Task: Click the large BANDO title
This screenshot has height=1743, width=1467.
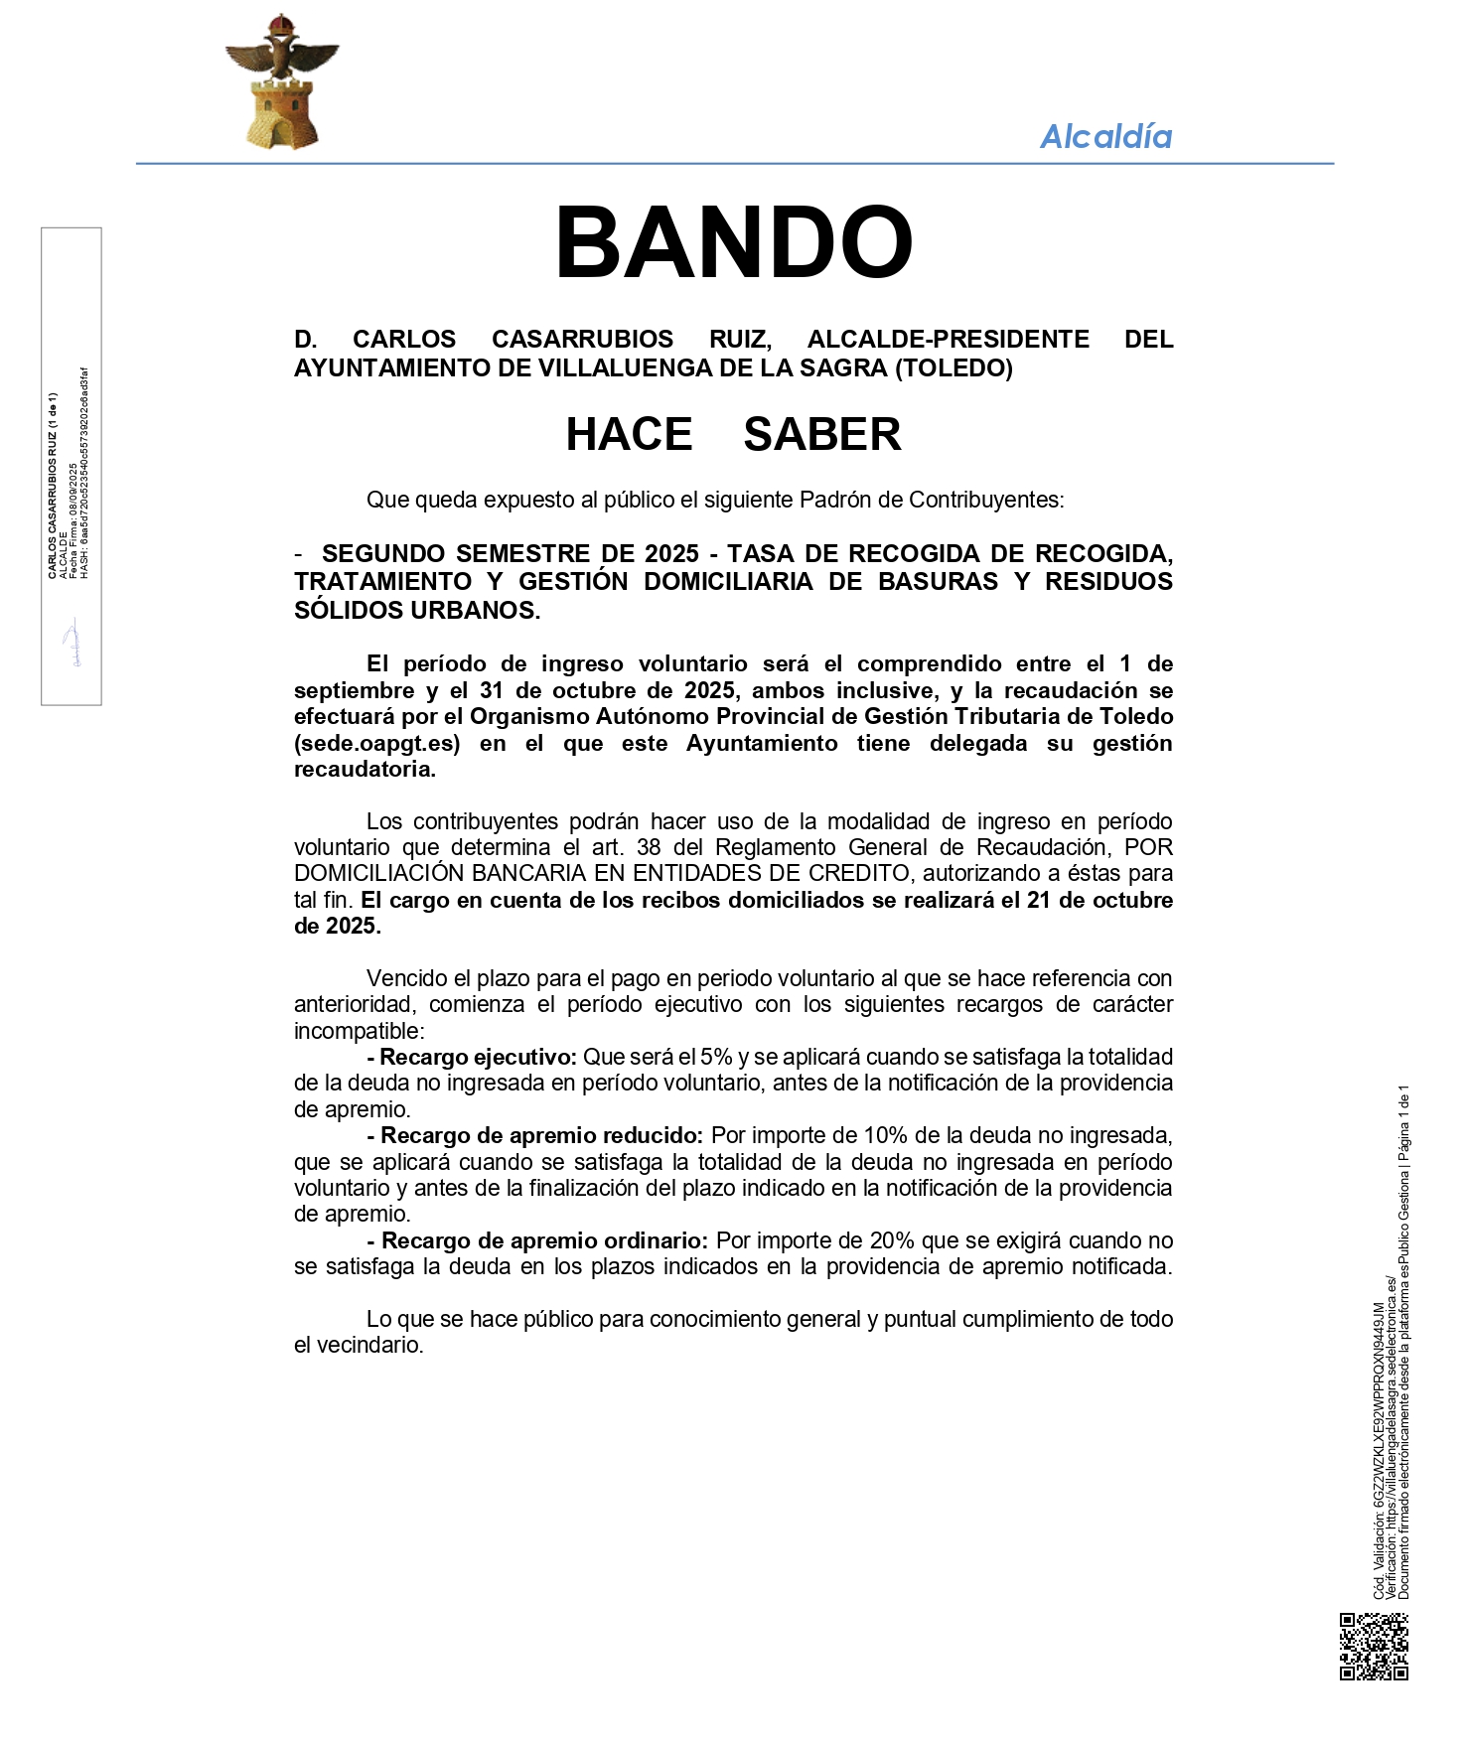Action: coord(733,243)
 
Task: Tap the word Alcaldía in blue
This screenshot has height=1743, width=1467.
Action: coord(1105,136)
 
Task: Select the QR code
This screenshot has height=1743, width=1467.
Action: coord(1374,1646)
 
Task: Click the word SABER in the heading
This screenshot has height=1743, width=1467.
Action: coord(821,434)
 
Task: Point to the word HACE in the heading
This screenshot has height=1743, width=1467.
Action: coord(629,434)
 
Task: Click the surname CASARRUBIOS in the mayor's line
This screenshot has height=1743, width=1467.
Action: coord(582,339)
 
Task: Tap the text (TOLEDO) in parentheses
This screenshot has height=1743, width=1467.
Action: coord(954,367)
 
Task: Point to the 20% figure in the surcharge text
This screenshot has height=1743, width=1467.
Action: coord(891,1240)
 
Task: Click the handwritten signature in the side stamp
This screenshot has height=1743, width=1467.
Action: coord(72,644)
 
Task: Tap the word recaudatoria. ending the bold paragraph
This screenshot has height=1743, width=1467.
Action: coord(365,769)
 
